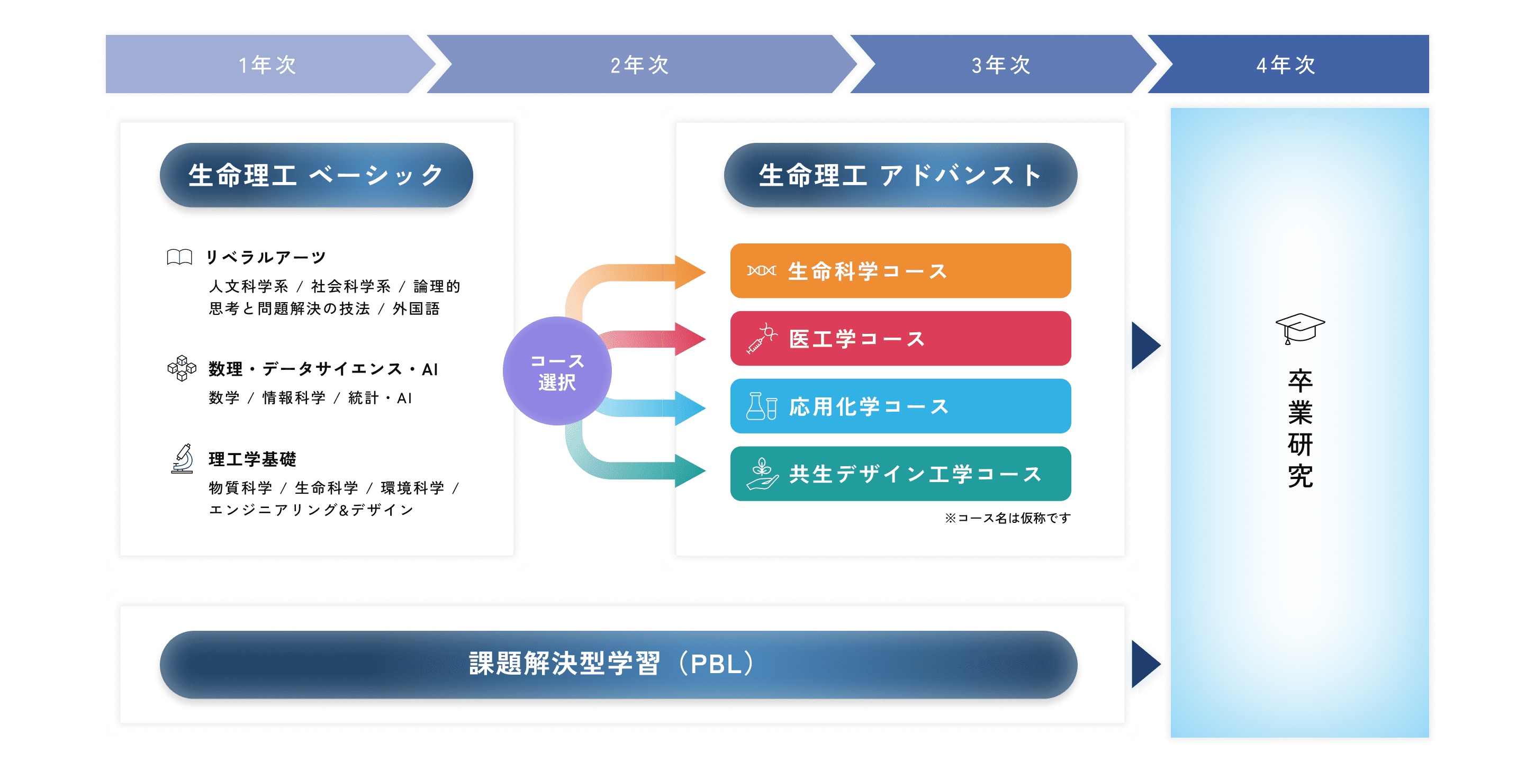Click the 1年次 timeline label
click(x=267, y=65)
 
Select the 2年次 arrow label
click(x=640, y=65)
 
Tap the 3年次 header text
click(x=1001, y=65)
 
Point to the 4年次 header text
click(x=1286, y=65)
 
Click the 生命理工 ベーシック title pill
click(x=316, y=175)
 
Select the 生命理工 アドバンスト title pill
click(x=900, y=175)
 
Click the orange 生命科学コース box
click(x=900, y=271)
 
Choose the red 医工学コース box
click(x=900, y=338)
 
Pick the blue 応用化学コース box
click(x=900, y=406)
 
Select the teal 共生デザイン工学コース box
click(x=900, y=474)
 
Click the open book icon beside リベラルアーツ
click(x=179, y=257)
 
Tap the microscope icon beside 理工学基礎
click(x=182, y=459)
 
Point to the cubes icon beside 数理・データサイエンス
click(x=182, y=368)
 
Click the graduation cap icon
click(x=1299, y=328)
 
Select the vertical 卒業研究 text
click(x=1299, y=428)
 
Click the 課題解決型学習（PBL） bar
click(x=618, y=664)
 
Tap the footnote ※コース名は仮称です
click(x=1007, y=518)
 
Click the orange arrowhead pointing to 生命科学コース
click(x=690, y=273)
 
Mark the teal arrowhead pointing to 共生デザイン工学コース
click(x=690, y=470)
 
